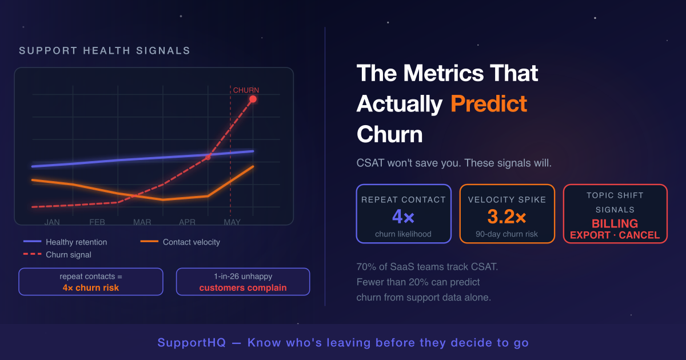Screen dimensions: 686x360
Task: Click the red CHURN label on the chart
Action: coord(246,90)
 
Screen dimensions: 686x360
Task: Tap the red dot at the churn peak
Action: coord(253,99)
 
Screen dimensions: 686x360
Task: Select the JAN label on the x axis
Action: coord(52,222)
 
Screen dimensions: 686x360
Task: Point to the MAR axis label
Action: coord(142,222)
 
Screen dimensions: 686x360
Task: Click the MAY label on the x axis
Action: coord(232,222)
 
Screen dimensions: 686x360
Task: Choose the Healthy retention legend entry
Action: coord(65,242)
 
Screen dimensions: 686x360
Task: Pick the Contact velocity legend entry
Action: coord(180,242)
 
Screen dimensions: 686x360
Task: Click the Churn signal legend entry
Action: coord(57,254)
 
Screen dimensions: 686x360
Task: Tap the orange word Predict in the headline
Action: coord(489,103)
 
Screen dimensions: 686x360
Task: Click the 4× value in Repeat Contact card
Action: coord(404,217)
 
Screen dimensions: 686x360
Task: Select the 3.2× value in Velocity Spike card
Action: coord(507,217)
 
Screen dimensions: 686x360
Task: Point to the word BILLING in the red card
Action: coord(615,223)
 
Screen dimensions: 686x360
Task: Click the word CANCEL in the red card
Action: coord(640,235)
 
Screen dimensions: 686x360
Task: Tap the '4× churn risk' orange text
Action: coord(91,288)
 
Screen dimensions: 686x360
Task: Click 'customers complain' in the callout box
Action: coord(243,288)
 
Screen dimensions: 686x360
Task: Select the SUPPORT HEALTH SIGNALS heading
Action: coord(105,50)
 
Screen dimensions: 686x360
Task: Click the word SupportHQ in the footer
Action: coord(192,342)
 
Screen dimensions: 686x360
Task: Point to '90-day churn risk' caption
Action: coord(507,234)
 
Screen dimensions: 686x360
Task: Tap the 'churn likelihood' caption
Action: coord(404,234)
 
